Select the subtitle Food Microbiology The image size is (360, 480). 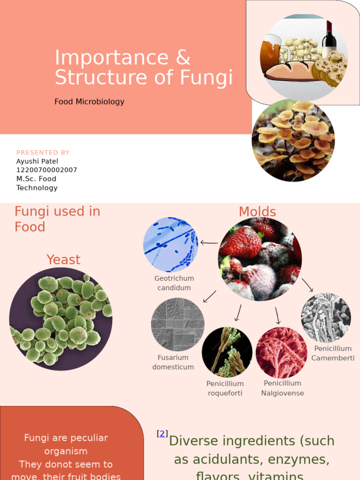coord(89,102)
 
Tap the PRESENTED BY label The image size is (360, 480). coord(43,153)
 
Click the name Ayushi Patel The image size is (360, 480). coord(37,161)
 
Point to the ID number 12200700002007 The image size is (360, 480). coord(46,170)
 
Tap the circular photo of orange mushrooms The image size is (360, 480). coord(293,140)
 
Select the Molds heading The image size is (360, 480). coord(257,212)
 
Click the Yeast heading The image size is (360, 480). coord(63,260)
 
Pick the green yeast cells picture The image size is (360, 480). coord(60,319)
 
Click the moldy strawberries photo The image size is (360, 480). coord(260,259)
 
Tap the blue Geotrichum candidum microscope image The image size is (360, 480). coord(171,245)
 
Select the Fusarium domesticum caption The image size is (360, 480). coord(173,362)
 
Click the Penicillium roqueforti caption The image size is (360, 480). coord(225,389)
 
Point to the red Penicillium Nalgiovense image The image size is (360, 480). coord(281,352)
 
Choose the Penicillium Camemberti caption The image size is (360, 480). coord(333,353)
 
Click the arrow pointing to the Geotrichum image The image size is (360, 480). coord(209,243)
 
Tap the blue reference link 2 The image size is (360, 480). coord(162,434)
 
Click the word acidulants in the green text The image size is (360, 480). coord(220,459)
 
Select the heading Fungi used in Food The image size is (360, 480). coord(57,219)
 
